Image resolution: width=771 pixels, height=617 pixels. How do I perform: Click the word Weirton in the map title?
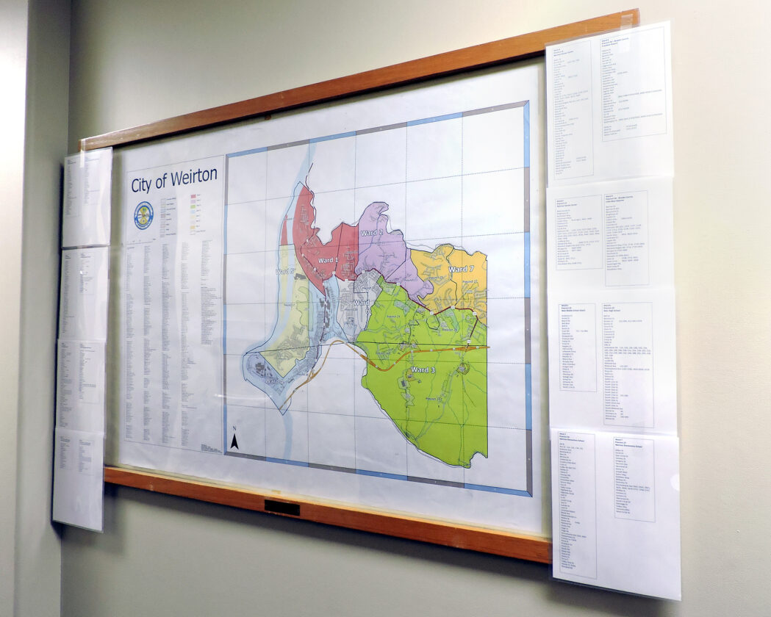pos(195,177)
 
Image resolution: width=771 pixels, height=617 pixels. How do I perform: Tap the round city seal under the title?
pos(143,214)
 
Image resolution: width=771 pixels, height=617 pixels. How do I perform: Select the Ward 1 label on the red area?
pos(327,260)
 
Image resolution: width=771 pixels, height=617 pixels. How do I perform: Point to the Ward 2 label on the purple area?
pos(372,233)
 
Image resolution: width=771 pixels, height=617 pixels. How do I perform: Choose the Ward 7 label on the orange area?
pos(461,270)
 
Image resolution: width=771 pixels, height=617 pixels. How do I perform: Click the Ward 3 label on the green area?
pos(423,369)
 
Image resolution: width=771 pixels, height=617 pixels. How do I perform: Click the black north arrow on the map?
pos(234,441)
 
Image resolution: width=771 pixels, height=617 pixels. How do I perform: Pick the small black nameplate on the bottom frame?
pos(281,508)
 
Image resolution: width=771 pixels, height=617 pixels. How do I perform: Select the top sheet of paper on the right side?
pos(609,103)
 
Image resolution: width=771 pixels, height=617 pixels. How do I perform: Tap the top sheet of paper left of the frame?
pos(87,197)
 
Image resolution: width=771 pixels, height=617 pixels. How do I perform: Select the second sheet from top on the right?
pos(611,235)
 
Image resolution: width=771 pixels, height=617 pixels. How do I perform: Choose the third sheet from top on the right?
pos(613,360)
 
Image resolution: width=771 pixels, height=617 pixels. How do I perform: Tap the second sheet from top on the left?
pos(85,292)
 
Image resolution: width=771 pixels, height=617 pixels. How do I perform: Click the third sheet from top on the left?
pos(82,386)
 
